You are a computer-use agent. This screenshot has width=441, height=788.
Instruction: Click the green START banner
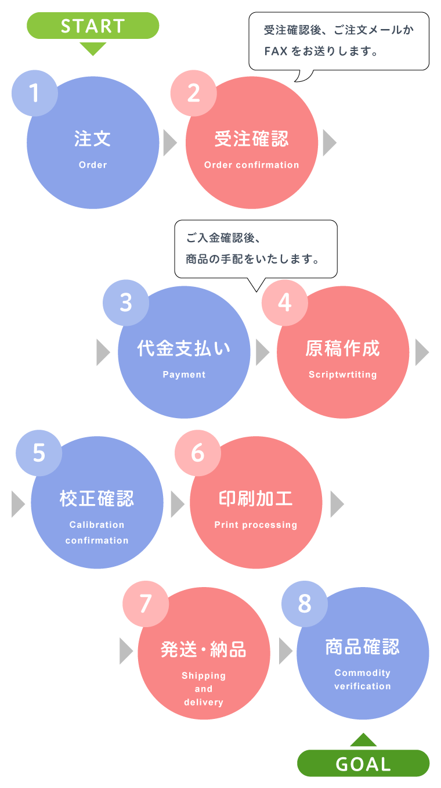[x=93, y=26]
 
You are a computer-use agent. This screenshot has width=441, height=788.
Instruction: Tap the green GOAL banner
[x=363, y=763]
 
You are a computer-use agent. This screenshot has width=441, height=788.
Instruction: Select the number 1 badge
[x=35, y=93]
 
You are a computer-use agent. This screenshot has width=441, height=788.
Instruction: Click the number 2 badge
[x=194, y=93]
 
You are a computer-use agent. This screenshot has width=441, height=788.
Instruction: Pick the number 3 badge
[x=126, y=303]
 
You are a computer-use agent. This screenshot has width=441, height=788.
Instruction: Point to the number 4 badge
[x=285, y=303]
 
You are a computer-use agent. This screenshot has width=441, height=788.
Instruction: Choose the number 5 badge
[x=39, y=453]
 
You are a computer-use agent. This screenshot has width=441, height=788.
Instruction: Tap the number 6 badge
[x=198, y=453]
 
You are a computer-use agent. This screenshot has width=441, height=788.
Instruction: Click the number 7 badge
[x=146, y=604]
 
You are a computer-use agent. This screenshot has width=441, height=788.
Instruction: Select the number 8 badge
[x=305, y=604]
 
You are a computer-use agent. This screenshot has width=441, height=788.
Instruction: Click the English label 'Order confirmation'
[x=252, y=165]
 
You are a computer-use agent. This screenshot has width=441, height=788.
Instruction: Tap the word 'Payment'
[x=184, y=375]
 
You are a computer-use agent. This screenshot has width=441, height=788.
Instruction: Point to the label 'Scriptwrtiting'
[x=343, y=375]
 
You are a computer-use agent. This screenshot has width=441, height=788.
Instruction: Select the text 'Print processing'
[x=256, y=525]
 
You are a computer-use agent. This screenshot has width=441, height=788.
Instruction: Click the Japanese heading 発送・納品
[x=204, y=649]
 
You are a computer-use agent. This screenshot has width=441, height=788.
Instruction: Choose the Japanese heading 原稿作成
[x=343, y=348]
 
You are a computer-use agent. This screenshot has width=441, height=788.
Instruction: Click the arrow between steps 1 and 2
[x=169, y=143]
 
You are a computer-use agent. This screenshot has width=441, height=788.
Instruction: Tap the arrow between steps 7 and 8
[x=285, y=652]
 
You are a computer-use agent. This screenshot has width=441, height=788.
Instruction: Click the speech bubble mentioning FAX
[x=339, y=41]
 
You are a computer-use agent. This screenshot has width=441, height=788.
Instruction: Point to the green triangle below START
[x=93, y=49]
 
